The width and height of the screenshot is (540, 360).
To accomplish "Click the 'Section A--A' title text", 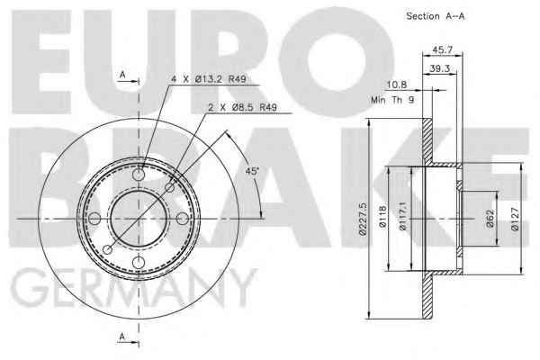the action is (x=436, y=16).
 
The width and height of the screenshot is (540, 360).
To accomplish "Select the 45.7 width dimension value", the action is (x=442, y=49).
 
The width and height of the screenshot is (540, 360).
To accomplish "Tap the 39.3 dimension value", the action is (x=440, y=68).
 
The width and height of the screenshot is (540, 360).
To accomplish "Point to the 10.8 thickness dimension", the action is (x=397, y=85).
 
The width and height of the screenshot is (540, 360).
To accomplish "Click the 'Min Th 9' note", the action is (x=392, y=100).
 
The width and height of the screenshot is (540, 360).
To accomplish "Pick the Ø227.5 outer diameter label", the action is (x=363, y=219).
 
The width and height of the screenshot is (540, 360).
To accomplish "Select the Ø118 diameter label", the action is (x=382, y=217).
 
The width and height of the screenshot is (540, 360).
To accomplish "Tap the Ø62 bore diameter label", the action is (x=490, y=219).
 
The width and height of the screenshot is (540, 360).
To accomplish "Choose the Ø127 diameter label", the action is (x=515, y=219).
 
